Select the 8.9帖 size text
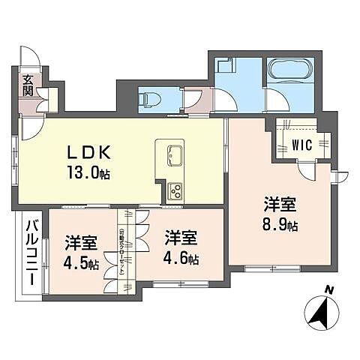point(280,224)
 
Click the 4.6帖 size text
point(182,259)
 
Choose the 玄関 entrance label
point(27,86)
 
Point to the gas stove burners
point(175,190)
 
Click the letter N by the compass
point(328,289)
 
